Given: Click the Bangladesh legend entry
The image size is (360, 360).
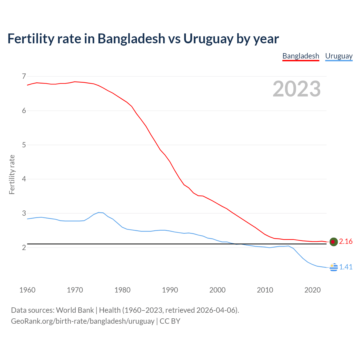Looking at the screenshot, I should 301,56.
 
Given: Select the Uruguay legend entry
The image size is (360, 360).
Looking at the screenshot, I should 339,56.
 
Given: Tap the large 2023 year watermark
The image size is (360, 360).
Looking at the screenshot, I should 296,89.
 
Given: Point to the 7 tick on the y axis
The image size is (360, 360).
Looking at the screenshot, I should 24,76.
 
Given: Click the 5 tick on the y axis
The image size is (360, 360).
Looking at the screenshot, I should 24,145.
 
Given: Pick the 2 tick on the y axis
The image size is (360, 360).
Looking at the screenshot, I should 24,247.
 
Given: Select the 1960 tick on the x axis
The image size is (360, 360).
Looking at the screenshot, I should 27,290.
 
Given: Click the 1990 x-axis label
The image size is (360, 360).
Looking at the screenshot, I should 170,290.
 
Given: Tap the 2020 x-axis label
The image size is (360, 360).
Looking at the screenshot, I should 312,290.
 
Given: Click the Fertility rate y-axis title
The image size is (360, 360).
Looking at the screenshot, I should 12,174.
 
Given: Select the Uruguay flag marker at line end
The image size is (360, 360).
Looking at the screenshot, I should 334,267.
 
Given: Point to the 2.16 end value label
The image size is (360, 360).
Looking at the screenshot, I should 346,242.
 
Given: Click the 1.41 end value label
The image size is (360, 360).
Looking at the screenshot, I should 346,267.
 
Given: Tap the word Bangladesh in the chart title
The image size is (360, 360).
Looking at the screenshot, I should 131,39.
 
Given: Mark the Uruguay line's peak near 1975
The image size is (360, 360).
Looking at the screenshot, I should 99,212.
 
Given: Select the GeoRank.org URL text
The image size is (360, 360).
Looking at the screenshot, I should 83,321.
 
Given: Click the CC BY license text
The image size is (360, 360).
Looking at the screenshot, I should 170,321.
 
